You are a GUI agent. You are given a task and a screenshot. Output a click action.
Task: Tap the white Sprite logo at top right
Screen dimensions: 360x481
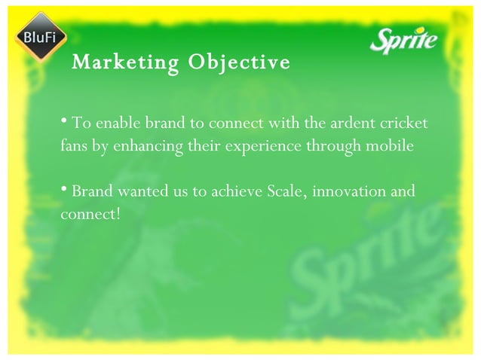[x=403, y=40]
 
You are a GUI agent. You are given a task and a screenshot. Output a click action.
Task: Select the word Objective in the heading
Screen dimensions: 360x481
[x=239, y=62]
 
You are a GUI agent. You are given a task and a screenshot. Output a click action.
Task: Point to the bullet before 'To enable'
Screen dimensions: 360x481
[x=64, y=121]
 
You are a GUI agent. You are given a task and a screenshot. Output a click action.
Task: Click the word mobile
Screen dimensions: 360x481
[x=391, y=145]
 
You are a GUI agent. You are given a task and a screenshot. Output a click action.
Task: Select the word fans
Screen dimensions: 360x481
[x=75, y=145]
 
